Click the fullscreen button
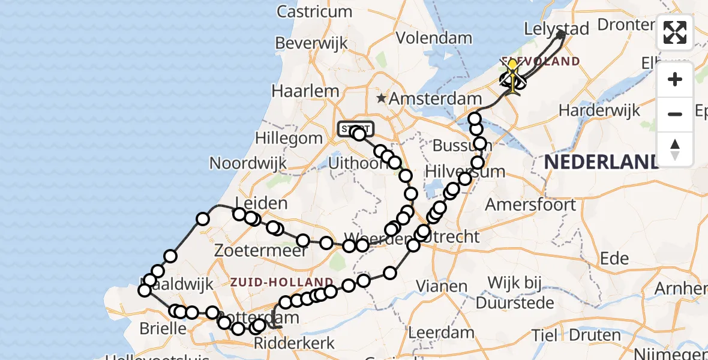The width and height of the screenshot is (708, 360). point(675,32)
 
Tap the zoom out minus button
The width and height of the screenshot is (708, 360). point(675,114)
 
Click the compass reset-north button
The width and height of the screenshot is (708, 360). point(675,148)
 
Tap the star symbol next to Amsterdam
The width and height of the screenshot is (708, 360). point(380,98)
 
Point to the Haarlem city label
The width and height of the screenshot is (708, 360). point(305,91)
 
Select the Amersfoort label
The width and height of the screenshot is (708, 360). point(530,205)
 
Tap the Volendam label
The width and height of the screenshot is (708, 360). point(434,38)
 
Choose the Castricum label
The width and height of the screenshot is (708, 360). point(314,11)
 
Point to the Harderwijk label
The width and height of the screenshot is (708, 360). point(599,110)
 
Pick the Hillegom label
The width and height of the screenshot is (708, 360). point(289,137)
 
